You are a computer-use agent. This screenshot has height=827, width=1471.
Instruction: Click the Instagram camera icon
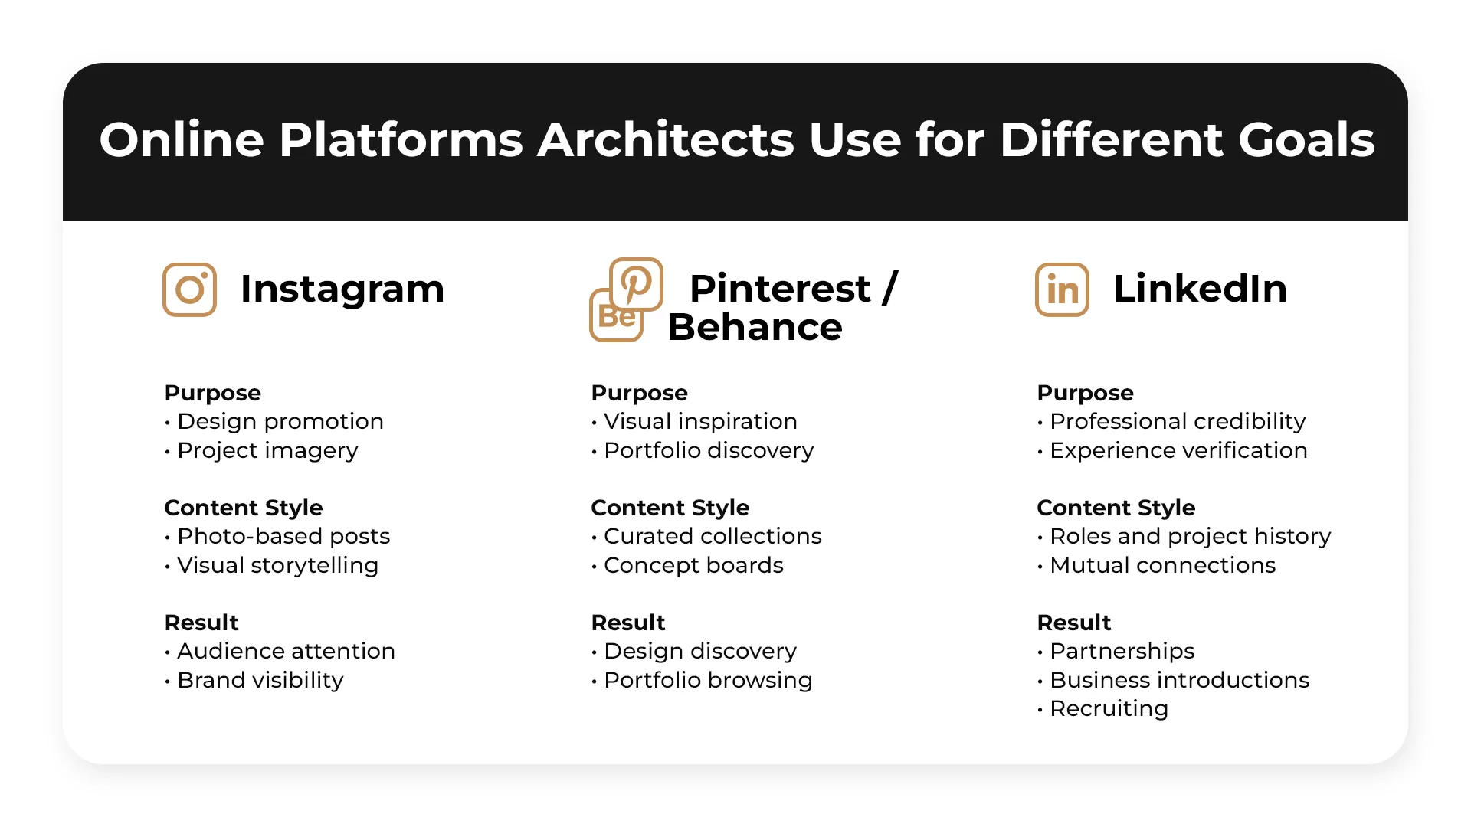coord(189,289)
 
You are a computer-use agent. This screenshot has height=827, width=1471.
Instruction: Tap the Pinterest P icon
coord(636,283)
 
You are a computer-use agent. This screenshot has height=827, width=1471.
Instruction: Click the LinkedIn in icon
coord(1062,289)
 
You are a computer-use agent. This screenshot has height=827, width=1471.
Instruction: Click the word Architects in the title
coord(665,140)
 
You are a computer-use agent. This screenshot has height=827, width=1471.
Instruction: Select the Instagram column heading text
coord(342,289)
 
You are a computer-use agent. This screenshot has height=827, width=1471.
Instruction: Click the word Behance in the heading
coord(755,327)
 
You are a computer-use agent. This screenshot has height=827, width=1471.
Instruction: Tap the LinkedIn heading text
coord(1199,289)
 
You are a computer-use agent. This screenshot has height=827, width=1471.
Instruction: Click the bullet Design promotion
coord(280,421)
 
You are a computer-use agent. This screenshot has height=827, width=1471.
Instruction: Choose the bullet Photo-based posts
coord(283,536)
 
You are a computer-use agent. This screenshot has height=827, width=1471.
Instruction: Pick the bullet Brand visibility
coord(260,680)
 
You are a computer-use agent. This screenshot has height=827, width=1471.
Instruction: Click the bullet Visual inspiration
coord(699,421)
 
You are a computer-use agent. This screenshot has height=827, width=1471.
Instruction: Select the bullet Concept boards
coord(693,565)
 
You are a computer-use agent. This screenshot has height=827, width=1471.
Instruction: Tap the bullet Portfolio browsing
coord(707,680)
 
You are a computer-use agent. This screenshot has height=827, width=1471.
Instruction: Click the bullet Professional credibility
coord(1177,421)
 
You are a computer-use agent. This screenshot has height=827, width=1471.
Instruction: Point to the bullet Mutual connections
coord(1161,565)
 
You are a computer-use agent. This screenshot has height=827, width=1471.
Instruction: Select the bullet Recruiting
coord(1108,708)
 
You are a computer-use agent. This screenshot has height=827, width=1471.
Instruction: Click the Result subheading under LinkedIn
coord(1073,623)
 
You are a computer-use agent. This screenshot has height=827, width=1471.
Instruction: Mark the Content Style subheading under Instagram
coord(244,508)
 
